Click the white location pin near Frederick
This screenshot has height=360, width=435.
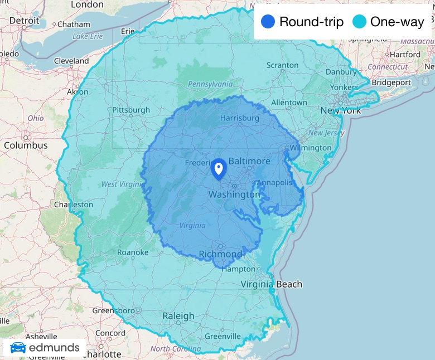(218, 168)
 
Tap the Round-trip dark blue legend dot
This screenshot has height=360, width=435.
(268, 22)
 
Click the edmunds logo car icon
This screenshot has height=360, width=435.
(18, 348)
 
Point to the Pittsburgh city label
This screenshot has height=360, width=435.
(131, 110)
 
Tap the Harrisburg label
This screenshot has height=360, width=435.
(239, 118)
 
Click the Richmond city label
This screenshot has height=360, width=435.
(221, 254)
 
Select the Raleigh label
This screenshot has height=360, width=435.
(178, 316)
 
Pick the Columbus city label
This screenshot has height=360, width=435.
(26, 145)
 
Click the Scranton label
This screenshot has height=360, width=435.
(282, 65)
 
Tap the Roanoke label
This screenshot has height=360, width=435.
(133, 252)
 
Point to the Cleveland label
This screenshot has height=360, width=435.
(71, 61)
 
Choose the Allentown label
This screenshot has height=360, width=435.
(289, 103)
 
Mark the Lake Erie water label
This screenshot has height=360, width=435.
(88, 36)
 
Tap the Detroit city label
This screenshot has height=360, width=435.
(24, 21)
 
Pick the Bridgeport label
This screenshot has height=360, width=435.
(391, 82)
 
